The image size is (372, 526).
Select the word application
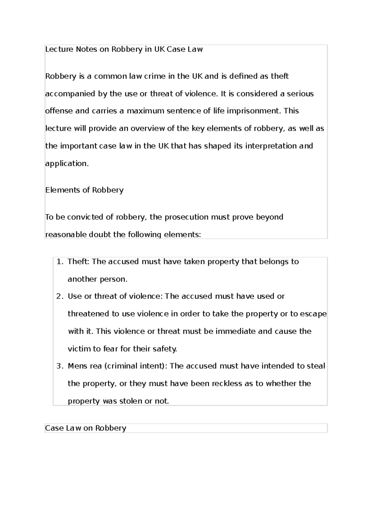point(67,164)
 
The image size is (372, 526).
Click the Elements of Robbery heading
point(84,190)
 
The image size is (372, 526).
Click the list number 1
point(60,262)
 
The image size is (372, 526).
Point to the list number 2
point(60,296)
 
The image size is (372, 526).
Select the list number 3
point(60,366)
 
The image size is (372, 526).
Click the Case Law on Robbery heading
point(86,428)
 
